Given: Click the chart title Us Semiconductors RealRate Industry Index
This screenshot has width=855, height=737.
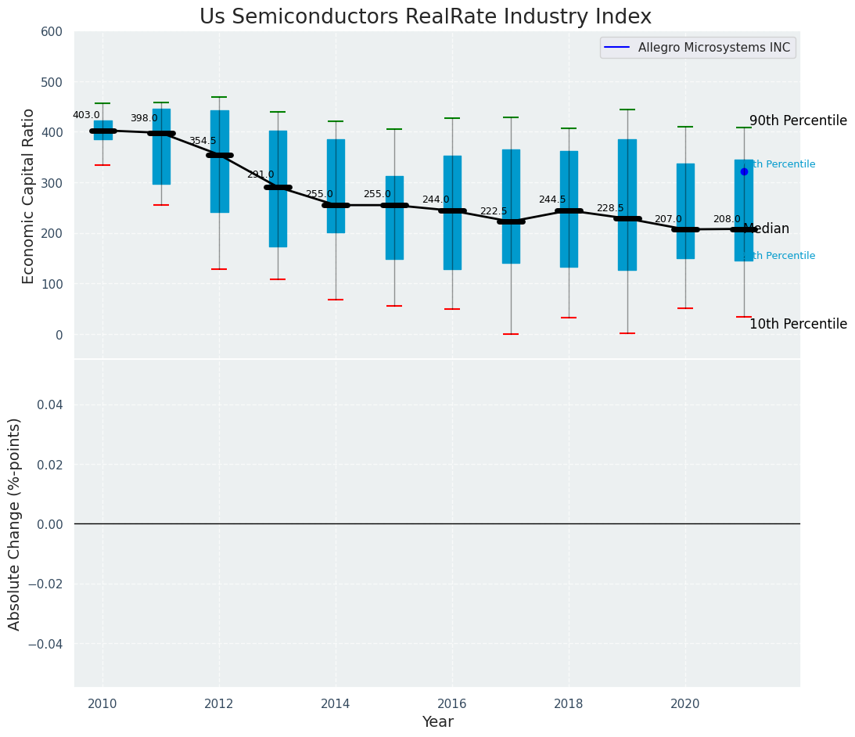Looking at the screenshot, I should click(x=425, y=17).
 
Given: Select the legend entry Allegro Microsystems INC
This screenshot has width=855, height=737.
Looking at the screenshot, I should click(x=713, y=48).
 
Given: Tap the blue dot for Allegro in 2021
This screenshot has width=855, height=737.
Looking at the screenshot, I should click(x=744, y=171).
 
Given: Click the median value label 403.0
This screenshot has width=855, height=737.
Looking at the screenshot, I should click(x=86, y=115).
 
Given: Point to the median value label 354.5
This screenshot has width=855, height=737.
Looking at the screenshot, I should click(x=203, y=141).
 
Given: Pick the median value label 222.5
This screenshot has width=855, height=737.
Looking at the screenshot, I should click(x=494, y=211).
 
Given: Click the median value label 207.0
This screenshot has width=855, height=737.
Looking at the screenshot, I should click(x=668, y=219).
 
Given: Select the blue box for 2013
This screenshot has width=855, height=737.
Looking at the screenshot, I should click(x=278, y=189).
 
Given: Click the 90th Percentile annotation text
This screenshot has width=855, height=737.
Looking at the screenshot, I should click(x=798, y=120).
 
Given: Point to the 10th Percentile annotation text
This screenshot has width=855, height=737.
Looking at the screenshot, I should click(x=798, y=324).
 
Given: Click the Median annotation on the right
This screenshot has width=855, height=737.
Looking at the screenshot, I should click(x=766, y=229).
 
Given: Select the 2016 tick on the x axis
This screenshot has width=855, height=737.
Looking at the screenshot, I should click(x=452, y=703).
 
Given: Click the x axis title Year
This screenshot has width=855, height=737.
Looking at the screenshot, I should click(x=437, y=722).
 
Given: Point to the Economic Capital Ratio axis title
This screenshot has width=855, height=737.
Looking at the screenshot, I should click(x=28, y=196).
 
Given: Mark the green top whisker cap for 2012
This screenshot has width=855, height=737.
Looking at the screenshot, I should click(x=219, y=97).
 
